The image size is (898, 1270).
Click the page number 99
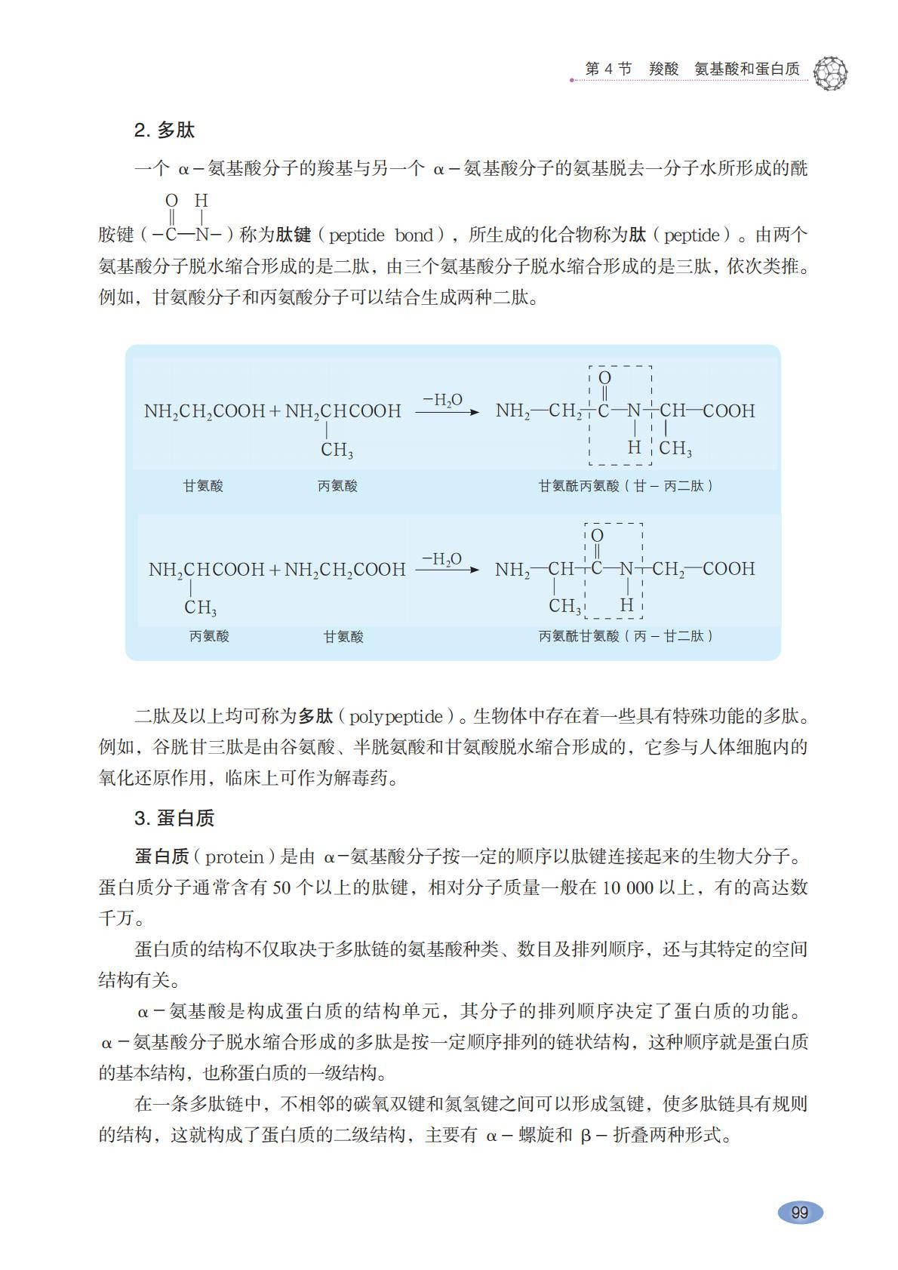[x=799, y=1212]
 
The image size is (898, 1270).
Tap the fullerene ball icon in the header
[x=831, y=72]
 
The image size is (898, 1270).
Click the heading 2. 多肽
[x=165, y=131]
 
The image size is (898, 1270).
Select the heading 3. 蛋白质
[x=174, y=818]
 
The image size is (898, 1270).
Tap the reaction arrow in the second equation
[x=447, y=570]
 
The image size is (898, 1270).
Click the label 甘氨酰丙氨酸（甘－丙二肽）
[x=626, y=486]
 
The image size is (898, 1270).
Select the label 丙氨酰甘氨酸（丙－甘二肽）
[x=626, y=636]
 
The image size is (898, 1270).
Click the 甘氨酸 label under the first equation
[x=203, y=486]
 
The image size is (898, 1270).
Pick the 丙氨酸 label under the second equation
[x=209, y=636]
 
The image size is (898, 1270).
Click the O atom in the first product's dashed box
[x=604, y=378]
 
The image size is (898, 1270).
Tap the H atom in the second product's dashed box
[x=626, y=605]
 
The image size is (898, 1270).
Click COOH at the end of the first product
[x=729, y=411]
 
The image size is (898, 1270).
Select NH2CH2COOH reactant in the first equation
[x=205, y=411]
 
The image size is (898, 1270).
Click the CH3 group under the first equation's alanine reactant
[x=337, y=450]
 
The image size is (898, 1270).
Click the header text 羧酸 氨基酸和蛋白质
[x=724, y=69]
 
